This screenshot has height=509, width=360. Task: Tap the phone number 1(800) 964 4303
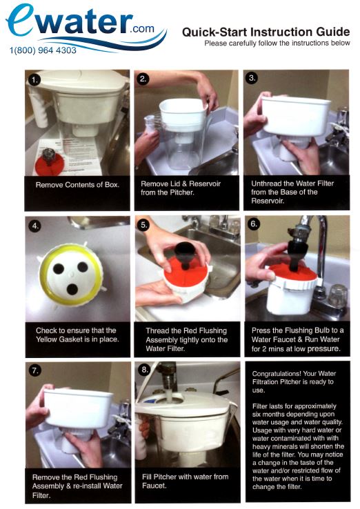coord(43,50)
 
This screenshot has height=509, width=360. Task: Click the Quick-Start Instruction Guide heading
coord(266,32)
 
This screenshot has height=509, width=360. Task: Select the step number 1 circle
coord(34,80)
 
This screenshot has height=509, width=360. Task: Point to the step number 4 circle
coord(34,226)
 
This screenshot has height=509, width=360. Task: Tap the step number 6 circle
coord(253,224)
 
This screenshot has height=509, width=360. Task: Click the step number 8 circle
coord(144,370)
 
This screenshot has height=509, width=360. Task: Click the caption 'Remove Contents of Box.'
coord(77,185)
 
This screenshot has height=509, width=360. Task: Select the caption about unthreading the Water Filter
coord(292,192)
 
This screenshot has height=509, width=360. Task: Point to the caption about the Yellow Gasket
coord(77,335)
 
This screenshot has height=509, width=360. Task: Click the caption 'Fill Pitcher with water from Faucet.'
coord(185,481)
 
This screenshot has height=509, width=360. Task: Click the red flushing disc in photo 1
coord(50,164)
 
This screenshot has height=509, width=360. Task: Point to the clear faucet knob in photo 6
coord(338,296)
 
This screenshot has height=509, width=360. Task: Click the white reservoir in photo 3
coord(295,115)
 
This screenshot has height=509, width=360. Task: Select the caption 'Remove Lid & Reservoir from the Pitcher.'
coord(181,188)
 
